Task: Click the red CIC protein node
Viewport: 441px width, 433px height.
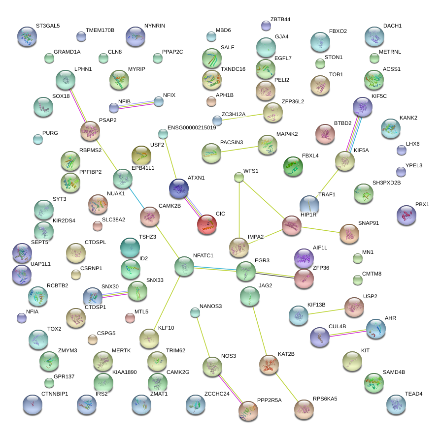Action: click(206, 224)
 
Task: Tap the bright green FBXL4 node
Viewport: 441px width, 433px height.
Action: click(293, 166)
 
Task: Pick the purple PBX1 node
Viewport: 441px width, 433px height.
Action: click(406, 215)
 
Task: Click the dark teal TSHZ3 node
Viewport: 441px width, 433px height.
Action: click(130, 247)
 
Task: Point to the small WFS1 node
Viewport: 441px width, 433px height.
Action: click(239, 177)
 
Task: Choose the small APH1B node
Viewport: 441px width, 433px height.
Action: click(211, 102)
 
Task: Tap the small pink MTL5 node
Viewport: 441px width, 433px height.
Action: click(130, 318)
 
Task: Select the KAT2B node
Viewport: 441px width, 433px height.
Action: click(269, 364)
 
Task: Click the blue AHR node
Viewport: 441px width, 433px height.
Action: click(376, 328)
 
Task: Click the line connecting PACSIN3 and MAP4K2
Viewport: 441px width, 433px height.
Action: click(239, 148)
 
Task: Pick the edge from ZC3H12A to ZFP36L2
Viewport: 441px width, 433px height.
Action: click(243, 117)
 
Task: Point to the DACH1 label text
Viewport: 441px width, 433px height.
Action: click(392, 26)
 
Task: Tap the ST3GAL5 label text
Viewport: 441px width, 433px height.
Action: click(48, 26)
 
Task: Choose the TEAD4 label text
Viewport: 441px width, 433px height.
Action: click(414, 394)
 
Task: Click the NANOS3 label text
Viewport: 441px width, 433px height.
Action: click(211, 306)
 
